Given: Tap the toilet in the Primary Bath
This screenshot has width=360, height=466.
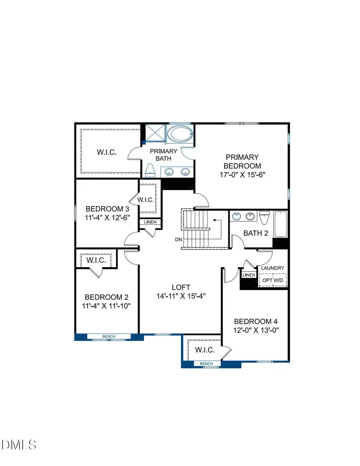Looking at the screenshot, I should point(150,170).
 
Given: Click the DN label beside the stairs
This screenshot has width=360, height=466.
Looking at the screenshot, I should point(178,240).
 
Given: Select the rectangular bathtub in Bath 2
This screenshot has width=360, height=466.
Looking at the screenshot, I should point(281,225).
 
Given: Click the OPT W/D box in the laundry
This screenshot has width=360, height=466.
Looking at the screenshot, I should point(273,280).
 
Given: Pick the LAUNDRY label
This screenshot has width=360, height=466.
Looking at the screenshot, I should point(273,268).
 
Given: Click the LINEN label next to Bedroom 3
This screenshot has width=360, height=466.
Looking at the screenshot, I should point(150,222).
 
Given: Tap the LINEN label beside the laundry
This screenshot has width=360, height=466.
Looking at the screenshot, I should point(248,275).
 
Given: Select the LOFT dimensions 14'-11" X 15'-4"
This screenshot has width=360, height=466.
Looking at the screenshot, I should point(181,296).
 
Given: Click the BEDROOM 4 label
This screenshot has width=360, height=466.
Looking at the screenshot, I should point(256,322).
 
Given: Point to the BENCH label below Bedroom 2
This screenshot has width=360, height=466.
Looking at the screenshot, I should point(109,336).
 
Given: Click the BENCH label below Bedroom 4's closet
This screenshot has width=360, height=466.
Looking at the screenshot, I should point(206,363).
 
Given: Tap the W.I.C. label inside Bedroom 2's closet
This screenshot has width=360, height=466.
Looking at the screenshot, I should point(96,260).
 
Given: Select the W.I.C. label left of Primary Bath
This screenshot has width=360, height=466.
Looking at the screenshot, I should point(106,152).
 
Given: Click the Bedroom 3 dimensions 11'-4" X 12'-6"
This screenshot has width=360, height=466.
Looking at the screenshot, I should point(107,218).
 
